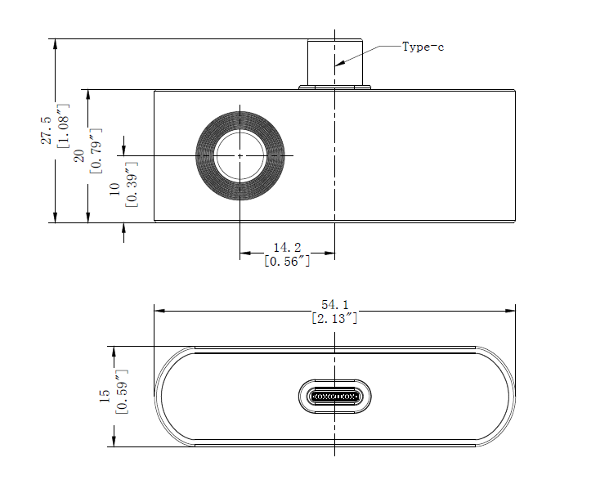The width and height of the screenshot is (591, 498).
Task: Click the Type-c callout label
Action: point(423,47)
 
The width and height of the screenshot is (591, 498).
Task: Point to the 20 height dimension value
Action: point(79,156)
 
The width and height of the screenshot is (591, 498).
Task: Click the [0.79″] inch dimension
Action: point(96,151)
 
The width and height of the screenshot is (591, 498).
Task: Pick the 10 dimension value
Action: point(114,189)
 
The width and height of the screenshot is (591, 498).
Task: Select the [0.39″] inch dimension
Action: point(132,185)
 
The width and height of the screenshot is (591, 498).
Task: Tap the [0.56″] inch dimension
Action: point(287,261)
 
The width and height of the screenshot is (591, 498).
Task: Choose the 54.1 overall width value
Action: point(335,304)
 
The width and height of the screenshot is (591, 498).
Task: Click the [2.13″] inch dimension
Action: point(335,318)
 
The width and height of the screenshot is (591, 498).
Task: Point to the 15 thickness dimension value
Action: point(104,396)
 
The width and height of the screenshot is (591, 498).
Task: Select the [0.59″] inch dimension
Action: point(121,392)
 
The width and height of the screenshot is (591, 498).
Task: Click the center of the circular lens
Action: point(240,155)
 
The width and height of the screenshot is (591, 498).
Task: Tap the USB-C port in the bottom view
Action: point(335,397)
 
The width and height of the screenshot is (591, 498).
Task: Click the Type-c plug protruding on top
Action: point(335,61)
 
